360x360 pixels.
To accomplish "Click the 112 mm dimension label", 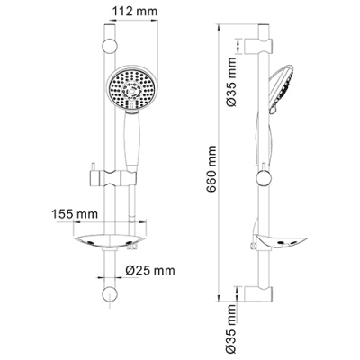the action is pos(135,12).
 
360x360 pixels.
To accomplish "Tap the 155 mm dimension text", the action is pos(75,214).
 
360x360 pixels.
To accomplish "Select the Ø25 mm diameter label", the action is pos(150,271).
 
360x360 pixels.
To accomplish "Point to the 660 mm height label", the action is pos(211,169).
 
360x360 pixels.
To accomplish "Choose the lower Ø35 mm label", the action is pos(231,329).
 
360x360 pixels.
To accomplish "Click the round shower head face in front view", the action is pos(130,89).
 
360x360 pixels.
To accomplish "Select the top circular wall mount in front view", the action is pos(109,46).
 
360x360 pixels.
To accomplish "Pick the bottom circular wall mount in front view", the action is pos(109,295).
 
